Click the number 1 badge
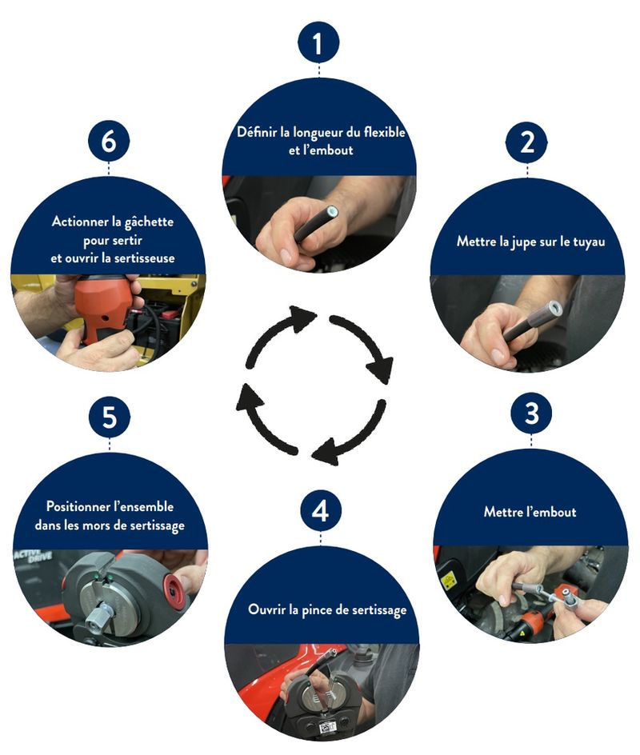click(x=318, y=42)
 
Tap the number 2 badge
click(x=527, y=142)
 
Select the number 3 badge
click(x=531, y=413)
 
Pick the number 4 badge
click(x=321, y=511)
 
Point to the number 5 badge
click(x=110, y=417)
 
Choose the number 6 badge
click(x=108, y=142)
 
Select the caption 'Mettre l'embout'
click(x=530, y=511)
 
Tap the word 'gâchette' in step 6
click(x=150, y=222)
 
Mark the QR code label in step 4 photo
click(x=329, y=726)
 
